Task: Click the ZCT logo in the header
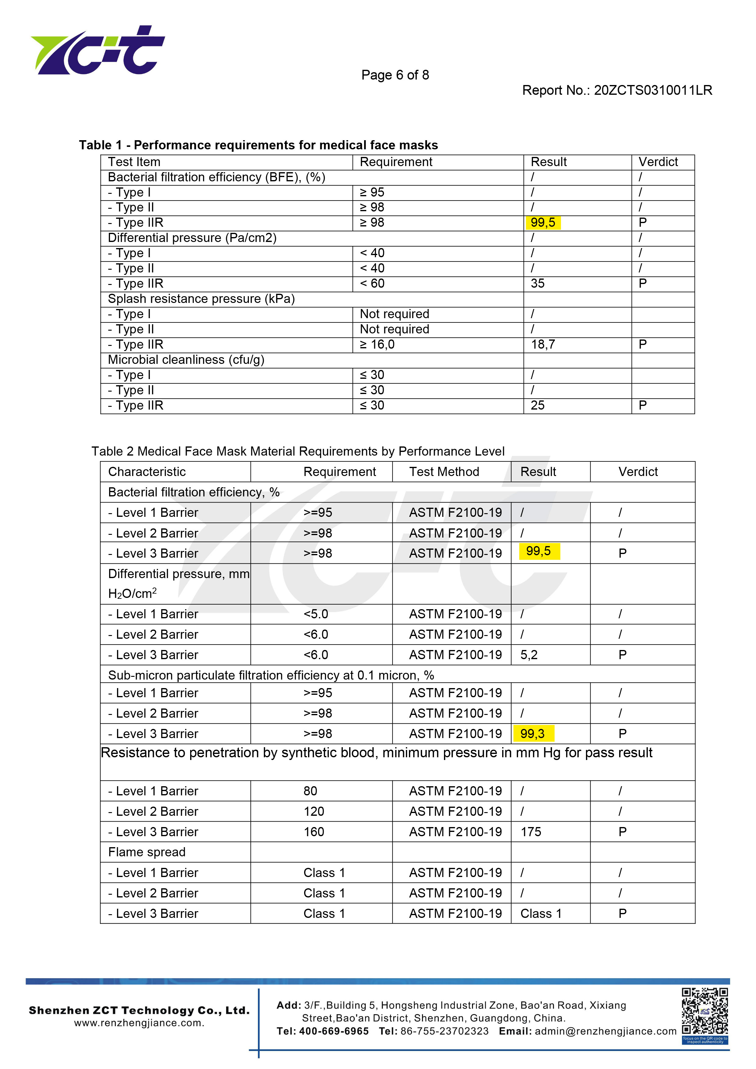coord(98,50)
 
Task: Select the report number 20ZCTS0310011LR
coord(653,90)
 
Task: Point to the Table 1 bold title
coord(258,145)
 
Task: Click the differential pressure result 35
coord(538,283)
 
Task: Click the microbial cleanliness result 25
coord(538,406)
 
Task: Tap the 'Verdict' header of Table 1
coord(658,162)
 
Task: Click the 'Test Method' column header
coord(444,472)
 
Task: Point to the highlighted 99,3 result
coord(533,734)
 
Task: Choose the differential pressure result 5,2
coord(529,655)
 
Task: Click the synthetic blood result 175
coord(531,832)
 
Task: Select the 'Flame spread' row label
coord(147,852)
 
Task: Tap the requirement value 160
coord(314,832)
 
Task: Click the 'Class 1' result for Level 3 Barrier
coord(541,914)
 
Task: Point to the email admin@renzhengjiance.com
coord(605,1031)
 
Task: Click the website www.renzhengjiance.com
coord(139,1023)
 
